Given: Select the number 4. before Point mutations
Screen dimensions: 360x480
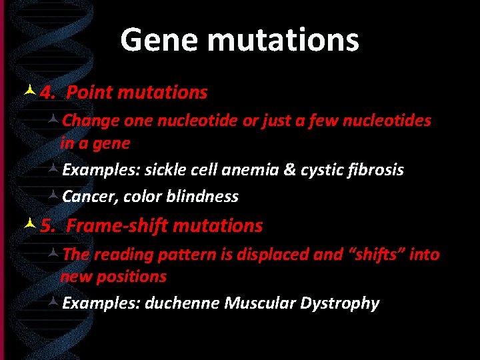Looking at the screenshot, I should point(47,92).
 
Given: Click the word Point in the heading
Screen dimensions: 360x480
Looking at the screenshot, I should point(90,92).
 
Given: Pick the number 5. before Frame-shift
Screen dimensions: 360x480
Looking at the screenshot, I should point(48,226).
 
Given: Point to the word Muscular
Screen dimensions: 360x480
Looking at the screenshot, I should point(260,303).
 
